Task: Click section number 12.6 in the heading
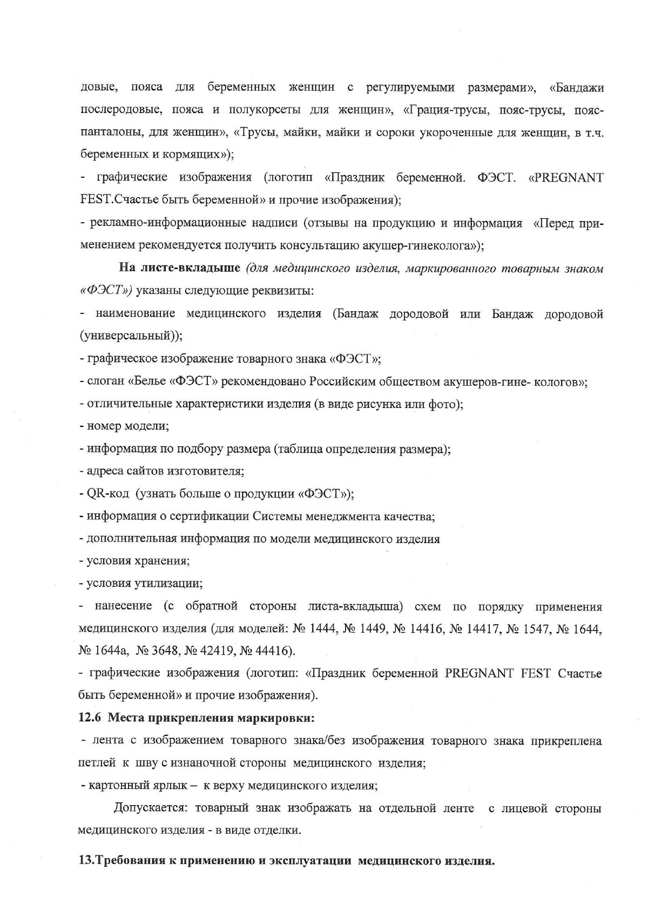[89, 718]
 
